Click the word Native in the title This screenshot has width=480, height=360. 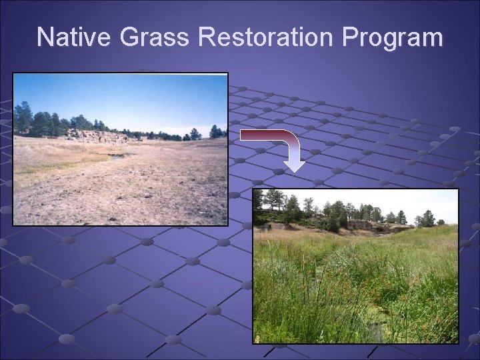75,37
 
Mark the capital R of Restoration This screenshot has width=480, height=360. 207,37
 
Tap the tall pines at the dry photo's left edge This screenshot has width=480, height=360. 24,118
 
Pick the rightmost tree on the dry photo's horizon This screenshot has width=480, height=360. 215,131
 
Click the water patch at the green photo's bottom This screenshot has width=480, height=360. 373,330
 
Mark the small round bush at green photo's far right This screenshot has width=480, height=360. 440,222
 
